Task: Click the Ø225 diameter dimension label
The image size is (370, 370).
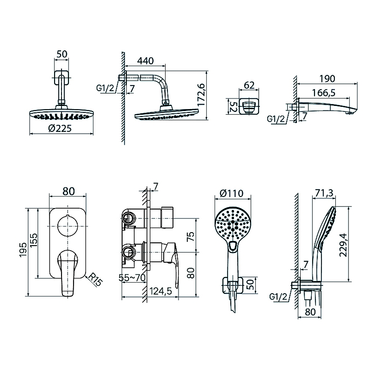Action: point(60,129)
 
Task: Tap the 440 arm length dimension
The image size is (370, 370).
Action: point(145,61)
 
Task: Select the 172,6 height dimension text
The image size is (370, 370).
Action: point(201,95)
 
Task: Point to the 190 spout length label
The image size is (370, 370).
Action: point(327,79)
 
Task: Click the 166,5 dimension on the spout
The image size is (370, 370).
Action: point(323,93)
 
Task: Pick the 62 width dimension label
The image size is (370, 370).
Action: point(249,85)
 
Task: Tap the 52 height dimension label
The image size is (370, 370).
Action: point(233,106)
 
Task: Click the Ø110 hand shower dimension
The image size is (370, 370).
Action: point(231,193)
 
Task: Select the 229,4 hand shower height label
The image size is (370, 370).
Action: point(343,245)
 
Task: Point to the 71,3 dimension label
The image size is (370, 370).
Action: point(324,193)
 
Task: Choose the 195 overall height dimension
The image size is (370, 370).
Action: point(24,250)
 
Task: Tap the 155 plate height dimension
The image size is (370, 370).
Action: point(33,240)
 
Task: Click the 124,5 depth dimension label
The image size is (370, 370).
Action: point(160,291)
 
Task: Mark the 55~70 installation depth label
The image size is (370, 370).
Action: point(132,278)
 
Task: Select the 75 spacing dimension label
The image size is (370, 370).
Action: point(191,236)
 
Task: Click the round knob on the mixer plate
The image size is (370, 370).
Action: point(68,226)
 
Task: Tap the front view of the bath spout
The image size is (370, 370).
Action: point(249,107)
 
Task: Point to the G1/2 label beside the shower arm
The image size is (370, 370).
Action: point(105,88)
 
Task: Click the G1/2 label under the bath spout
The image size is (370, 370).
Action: point(276,119)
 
